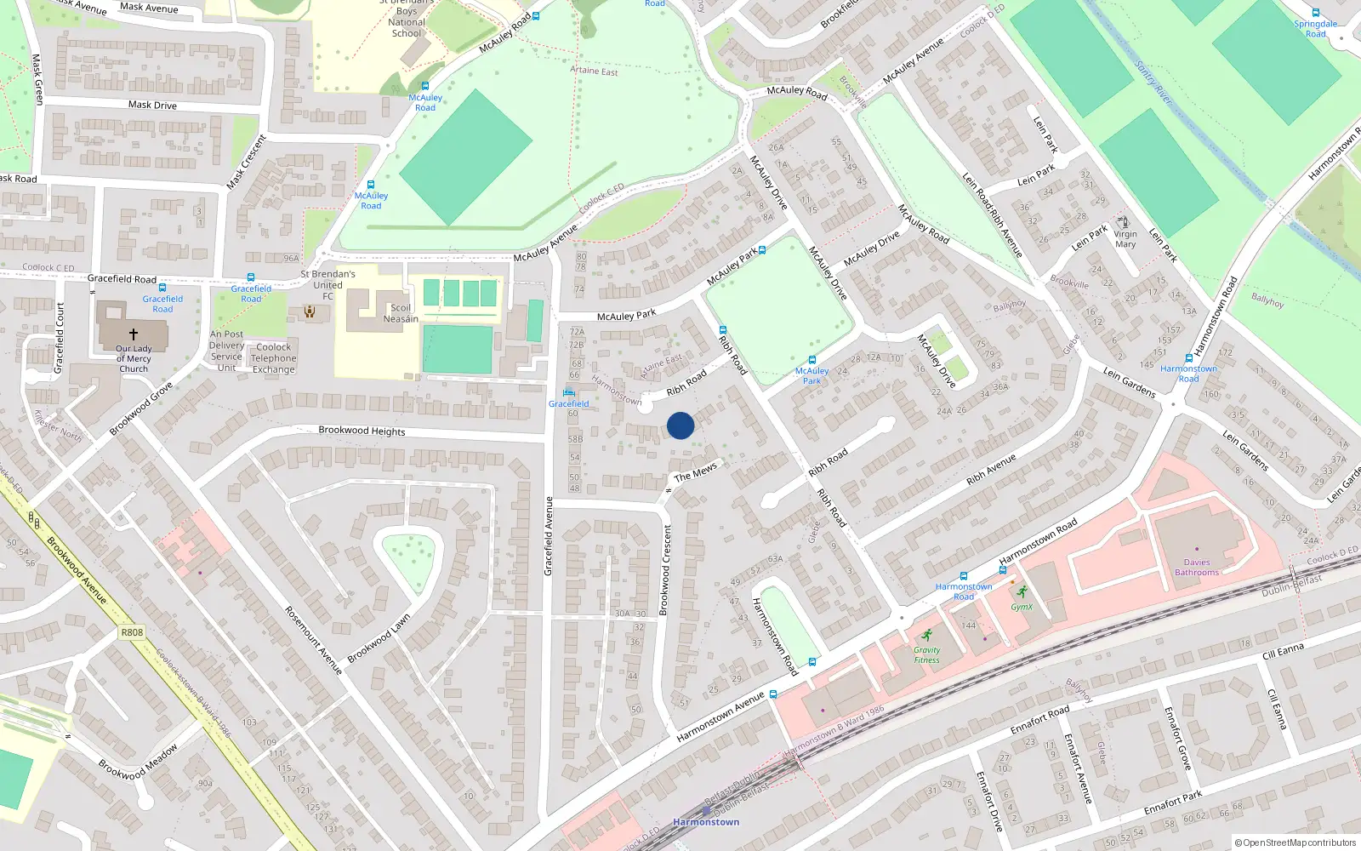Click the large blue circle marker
point(680,425)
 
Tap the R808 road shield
point(132,632)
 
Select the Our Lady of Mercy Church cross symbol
point(134,334)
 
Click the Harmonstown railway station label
point(706,822)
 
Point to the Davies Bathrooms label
point(1196,567)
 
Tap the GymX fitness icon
point(1022,592)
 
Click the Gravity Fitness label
point(926,654)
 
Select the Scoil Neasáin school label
point(401,313)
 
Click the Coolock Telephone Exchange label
point(273,357)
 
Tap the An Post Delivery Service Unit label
point(226,351)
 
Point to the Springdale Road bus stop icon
point(1316,13)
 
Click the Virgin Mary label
point(1125,239)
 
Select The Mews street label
point(696,473)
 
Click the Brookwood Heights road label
point(362,431)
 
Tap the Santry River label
point(1153,83)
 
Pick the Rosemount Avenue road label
point(313,640)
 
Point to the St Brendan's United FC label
point(327,285)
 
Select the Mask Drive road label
point(152,105)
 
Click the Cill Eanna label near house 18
point(1283,652)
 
